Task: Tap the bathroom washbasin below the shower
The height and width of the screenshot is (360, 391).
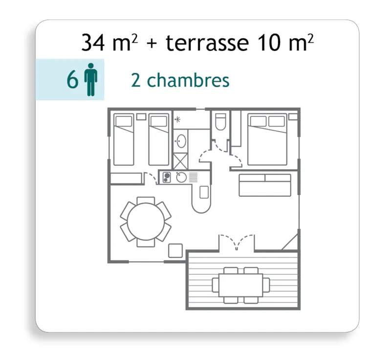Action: click(181, 140)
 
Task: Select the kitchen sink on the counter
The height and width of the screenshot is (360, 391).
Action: click(181, 177)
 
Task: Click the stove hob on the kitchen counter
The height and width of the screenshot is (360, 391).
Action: click(166, 177)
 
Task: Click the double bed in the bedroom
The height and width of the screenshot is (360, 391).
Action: click(267, 140)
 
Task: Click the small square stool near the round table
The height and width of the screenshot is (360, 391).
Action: click(175, 251)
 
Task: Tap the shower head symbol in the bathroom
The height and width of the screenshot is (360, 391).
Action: click(177, 118)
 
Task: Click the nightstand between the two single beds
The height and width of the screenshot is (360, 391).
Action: click(141, 116)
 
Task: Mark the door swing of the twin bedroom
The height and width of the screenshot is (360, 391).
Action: click(150, 178)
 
